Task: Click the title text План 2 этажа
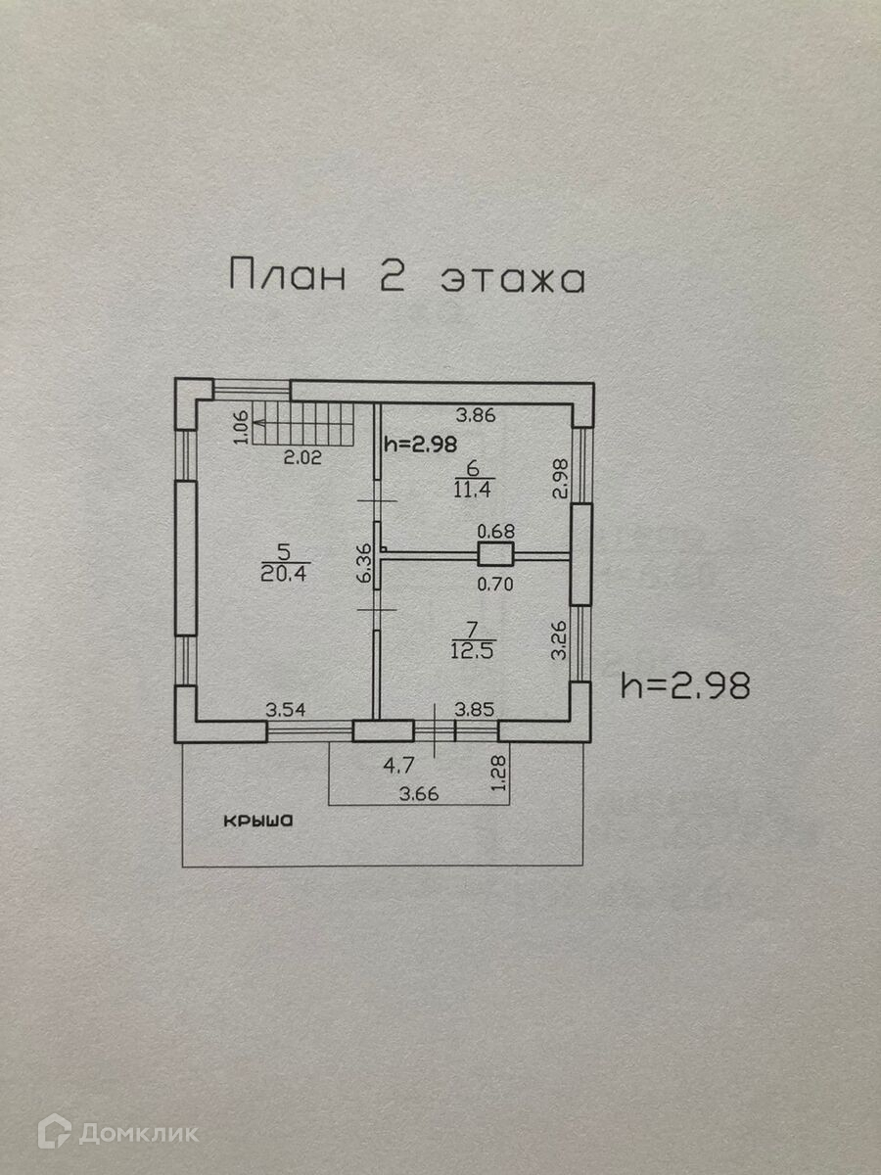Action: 406,277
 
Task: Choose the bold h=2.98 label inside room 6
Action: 420,444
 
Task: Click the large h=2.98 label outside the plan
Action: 685,685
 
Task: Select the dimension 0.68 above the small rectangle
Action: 496,532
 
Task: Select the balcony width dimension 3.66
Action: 420,793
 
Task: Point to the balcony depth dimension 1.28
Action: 499,774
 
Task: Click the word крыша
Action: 257,822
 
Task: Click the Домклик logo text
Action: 137,1133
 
